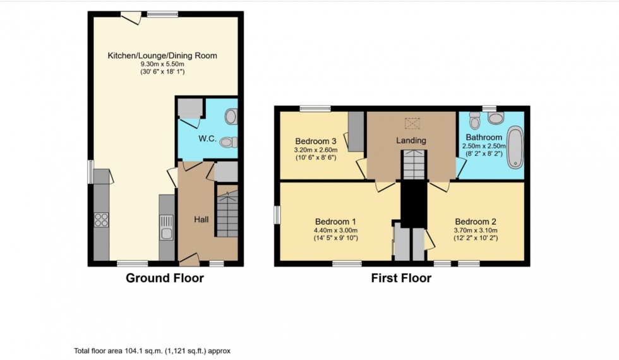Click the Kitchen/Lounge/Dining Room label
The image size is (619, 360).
[x=162, y=56]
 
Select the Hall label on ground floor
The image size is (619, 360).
[x=202, y=219]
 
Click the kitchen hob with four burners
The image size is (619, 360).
[x=101, y=220]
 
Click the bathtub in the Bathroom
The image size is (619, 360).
[x=515, y=148]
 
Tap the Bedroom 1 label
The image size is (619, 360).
[x=336, y=222]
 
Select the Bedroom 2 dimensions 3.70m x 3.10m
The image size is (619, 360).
[x=476, y=231]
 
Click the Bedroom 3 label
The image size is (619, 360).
[x=316, y=140]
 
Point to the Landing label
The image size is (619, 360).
[x=411, y=140]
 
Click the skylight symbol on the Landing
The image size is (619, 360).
[x=412, y=123]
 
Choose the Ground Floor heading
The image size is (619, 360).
[x=165, y=278]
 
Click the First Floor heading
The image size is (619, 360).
[x=402, y=278]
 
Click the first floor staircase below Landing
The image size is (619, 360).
[x=416, y=165]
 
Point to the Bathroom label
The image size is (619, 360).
[x=484, y=137]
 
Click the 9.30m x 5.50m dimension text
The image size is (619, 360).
[x=162, y=64]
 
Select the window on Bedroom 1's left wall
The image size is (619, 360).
[x=277, y=215]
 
